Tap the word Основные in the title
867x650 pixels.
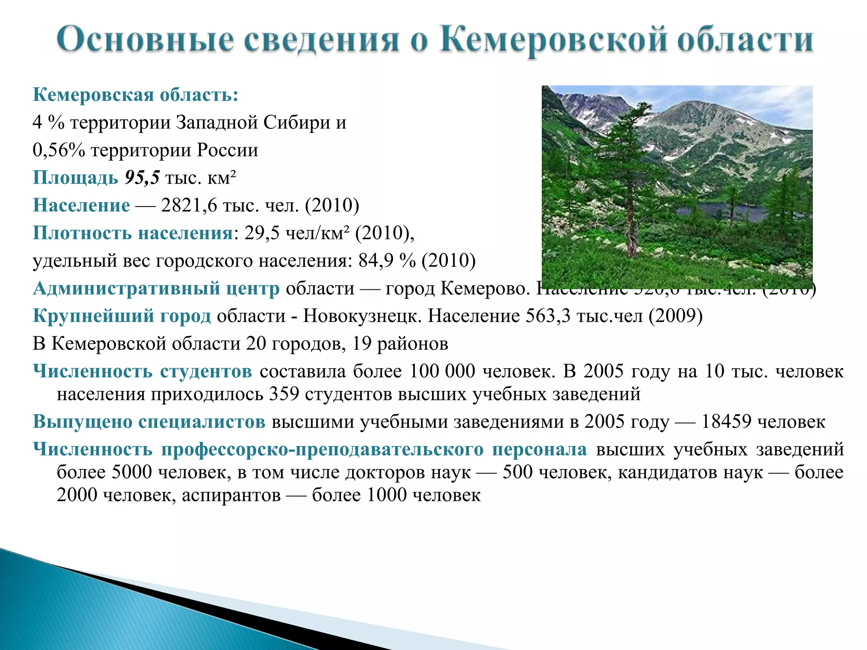coord(145,39)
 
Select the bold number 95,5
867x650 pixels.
coord(142,178)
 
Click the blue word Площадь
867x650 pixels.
coord(75,178)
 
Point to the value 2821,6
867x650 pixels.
coord(189,205)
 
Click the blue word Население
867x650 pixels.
coord(81,205)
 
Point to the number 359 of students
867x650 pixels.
coord(284,394)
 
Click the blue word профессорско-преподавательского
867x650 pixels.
coord(322,449)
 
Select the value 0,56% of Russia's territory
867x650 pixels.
coord(58,150)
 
